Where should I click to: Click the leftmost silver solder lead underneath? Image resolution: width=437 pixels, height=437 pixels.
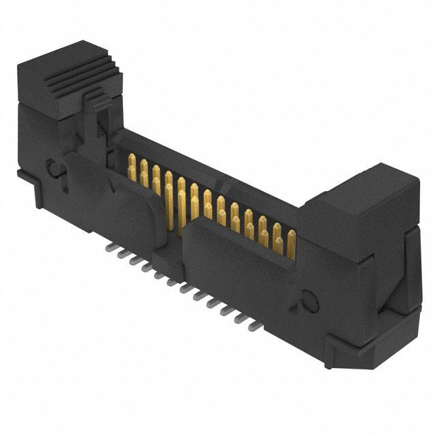pos(109,249)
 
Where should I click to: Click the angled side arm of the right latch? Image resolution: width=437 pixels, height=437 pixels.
pos(410,273)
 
